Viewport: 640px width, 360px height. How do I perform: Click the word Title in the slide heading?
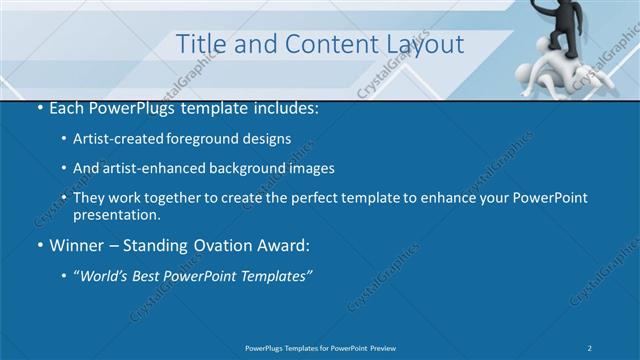point(200,44)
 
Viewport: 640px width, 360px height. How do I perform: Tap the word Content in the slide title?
point(318,44)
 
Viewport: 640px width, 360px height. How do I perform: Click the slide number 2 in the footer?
point(590,347)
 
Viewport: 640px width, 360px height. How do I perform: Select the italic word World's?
point(105,276)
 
